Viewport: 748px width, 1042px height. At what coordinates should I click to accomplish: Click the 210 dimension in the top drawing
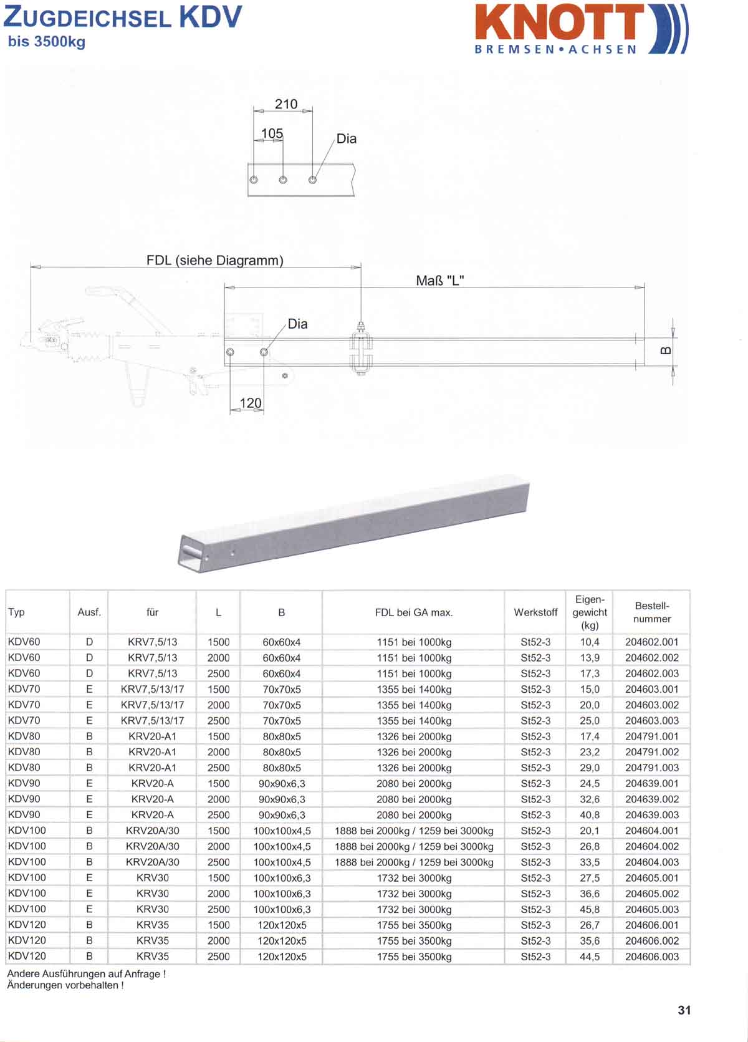[x=286, y=104]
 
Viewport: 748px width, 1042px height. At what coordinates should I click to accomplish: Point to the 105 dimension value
[x=272, y=133]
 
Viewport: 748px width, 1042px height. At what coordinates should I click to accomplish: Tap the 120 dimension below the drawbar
[x=251, y=403]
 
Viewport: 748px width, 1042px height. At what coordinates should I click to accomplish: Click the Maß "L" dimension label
[x=440, y=281]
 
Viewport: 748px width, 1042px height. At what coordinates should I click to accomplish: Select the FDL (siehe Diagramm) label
[x=215, y=260]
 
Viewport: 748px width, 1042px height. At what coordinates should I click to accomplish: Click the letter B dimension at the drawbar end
[x=666, y=350]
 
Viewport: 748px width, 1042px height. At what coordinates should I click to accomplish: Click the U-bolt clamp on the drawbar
[x=361, y=348]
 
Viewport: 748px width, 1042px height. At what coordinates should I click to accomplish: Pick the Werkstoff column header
[x=535, y=612]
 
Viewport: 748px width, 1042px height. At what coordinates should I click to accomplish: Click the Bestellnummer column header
[x=652, y=612]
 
